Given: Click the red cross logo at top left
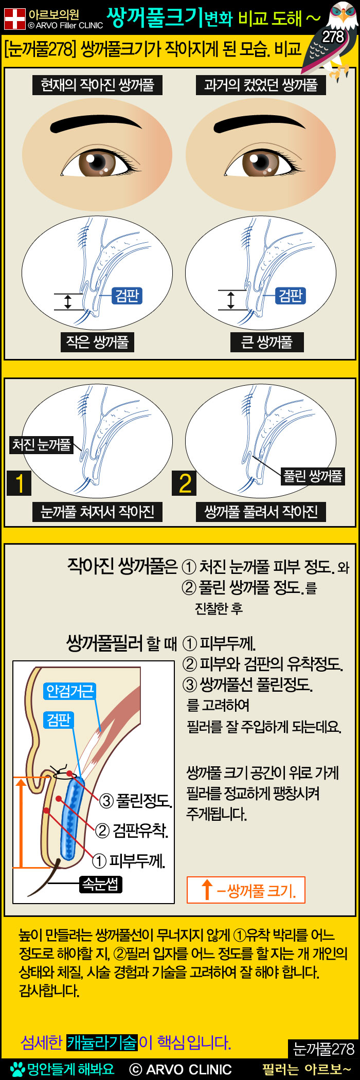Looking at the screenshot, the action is (15, 19).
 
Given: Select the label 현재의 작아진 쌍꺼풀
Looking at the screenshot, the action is (98, 85).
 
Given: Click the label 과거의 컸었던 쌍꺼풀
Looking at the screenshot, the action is (261, 85).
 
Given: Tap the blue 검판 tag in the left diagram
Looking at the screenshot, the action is (127, 296).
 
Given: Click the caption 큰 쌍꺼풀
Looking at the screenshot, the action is (267, 342).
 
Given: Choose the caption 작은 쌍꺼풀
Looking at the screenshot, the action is (97, 342).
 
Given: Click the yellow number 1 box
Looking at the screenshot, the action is (19, 483).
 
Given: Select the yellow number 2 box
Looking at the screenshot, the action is (185, 483).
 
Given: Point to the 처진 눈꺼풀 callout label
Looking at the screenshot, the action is (42, 444).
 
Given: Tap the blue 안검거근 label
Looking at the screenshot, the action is (70, 691).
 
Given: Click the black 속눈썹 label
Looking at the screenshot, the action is (101, 885).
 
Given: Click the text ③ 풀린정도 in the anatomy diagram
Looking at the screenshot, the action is (136, 801).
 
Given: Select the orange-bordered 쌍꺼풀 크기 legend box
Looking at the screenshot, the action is (246, 890).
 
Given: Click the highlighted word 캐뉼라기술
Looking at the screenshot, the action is (102, 1042).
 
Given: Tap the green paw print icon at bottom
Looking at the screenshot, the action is (17, 1069).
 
